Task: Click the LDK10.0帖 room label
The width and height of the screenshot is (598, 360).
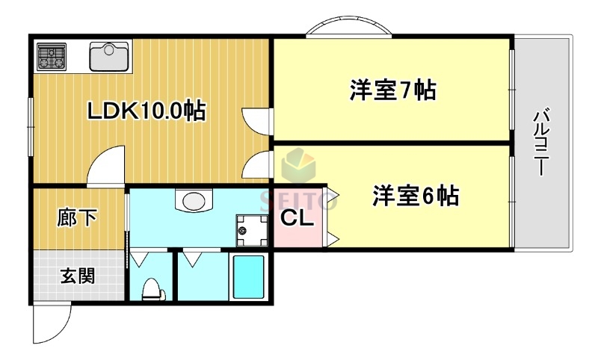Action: [147, 112]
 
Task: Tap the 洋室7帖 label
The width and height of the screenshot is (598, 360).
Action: [393, 90]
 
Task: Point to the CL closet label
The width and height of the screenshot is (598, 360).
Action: [297, 218]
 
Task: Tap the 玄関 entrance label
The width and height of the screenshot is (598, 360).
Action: [77, 276]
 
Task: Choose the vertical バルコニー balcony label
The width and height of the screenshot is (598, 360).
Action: [541, 142]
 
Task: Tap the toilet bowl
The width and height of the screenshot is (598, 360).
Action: [152, 288]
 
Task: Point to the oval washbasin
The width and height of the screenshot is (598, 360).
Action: [194, 201]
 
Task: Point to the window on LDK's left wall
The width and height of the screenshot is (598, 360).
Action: [31, 119]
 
